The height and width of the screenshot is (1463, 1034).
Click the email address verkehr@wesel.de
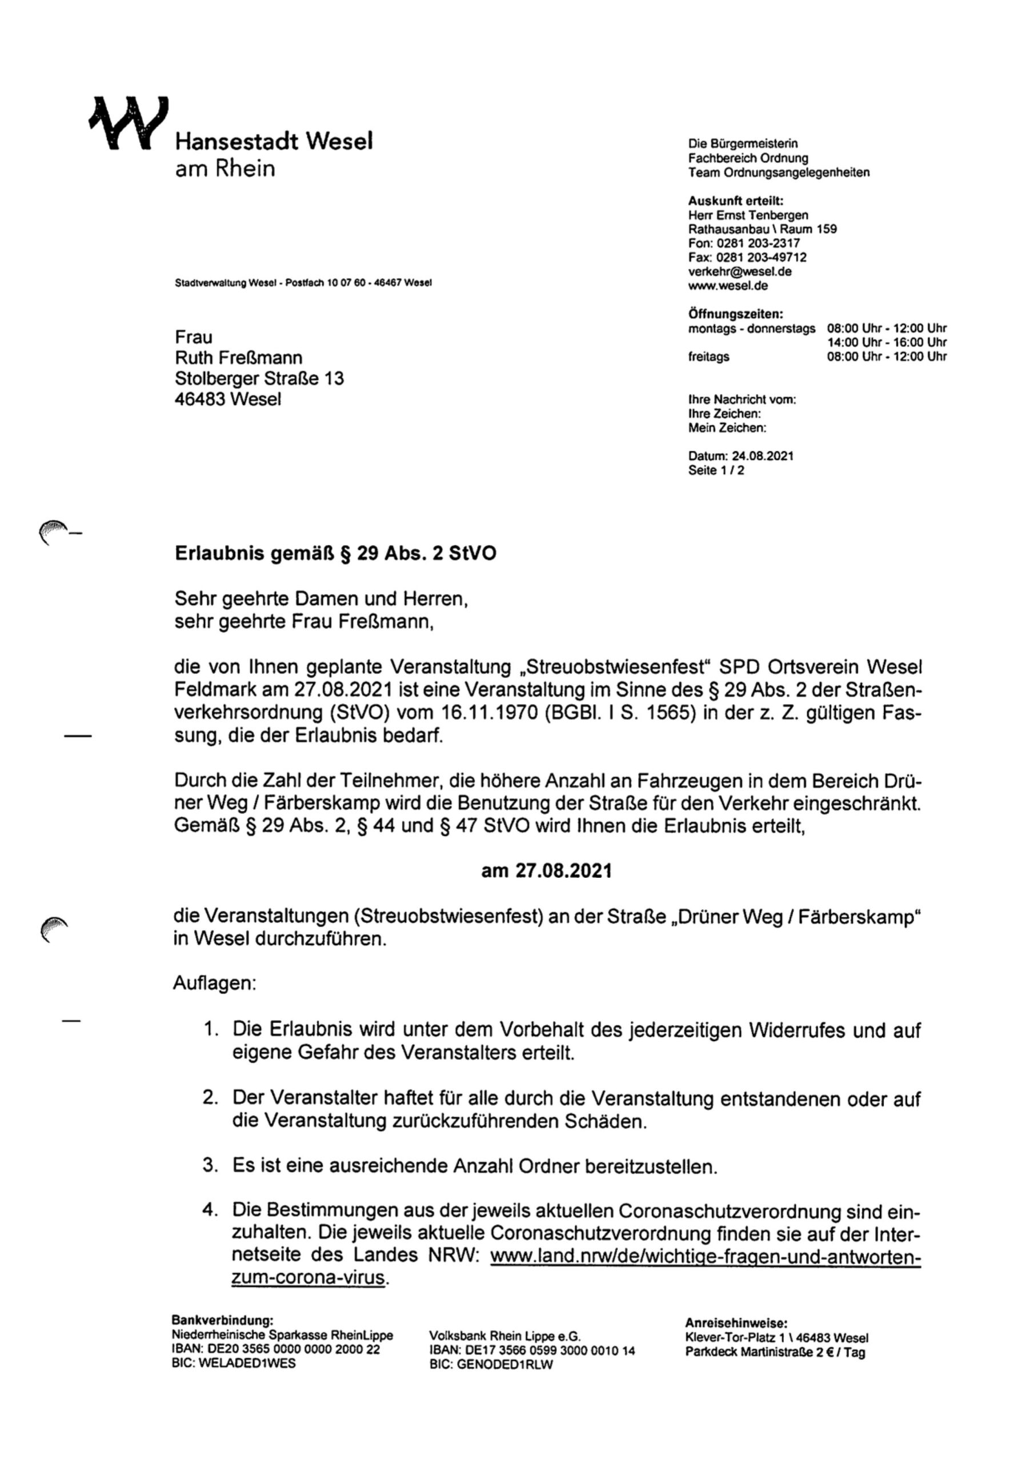(739, 271)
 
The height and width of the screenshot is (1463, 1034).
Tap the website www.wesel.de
(728, 286)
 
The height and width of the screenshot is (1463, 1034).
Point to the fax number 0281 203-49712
(762, 257)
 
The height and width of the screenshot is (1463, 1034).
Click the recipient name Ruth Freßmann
(238, 358)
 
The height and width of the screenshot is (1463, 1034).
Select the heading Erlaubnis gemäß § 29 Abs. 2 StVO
(335, 553)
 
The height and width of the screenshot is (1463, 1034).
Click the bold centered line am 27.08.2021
(546, 871)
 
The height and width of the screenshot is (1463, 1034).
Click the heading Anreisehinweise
(736, 1323)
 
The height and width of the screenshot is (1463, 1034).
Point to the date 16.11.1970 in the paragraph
(488, 713)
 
